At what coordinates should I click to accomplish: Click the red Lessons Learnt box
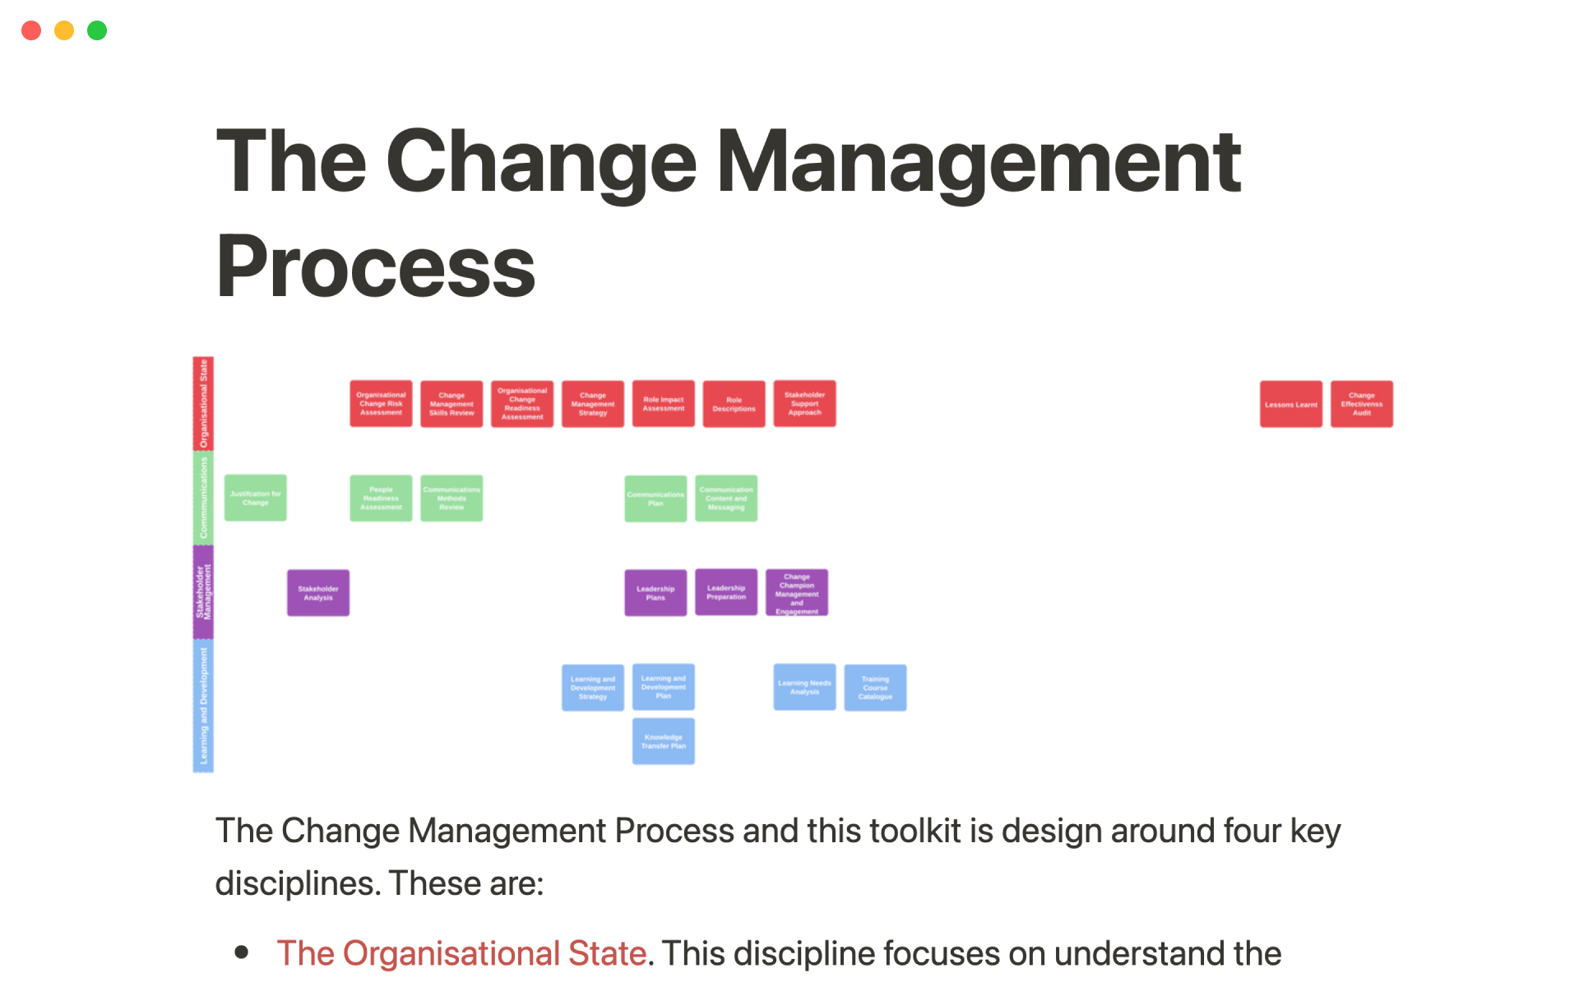coord(1290,404)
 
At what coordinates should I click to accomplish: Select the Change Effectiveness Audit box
coord(1361,404)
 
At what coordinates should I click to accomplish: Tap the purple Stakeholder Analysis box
coord(318,593)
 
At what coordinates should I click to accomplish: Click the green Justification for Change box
coord(256,498)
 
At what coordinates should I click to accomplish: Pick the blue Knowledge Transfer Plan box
coord(663,741)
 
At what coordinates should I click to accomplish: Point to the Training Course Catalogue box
coord(875,688)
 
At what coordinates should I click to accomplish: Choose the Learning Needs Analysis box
coord(804,688)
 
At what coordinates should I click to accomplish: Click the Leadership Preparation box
coord(726,592)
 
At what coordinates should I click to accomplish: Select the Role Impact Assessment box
coord(663,404)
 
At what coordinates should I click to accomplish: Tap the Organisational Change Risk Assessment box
coord(381,404)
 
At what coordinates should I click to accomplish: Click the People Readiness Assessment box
coord(381,498)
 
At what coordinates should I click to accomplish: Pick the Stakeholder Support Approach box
coord(804,404)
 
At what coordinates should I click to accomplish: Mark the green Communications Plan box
coord(655,498)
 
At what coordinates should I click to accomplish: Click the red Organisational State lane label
coord(203,403)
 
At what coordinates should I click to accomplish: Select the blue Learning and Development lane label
coord(203,706)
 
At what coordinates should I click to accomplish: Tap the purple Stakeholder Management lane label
coord(203,592)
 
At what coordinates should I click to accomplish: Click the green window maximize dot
coord(97,30)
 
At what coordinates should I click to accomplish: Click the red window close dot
coord(31,30)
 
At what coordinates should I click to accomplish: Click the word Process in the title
coord(376,266)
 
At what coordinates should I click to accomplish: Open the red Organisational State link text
coord(461,953)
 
